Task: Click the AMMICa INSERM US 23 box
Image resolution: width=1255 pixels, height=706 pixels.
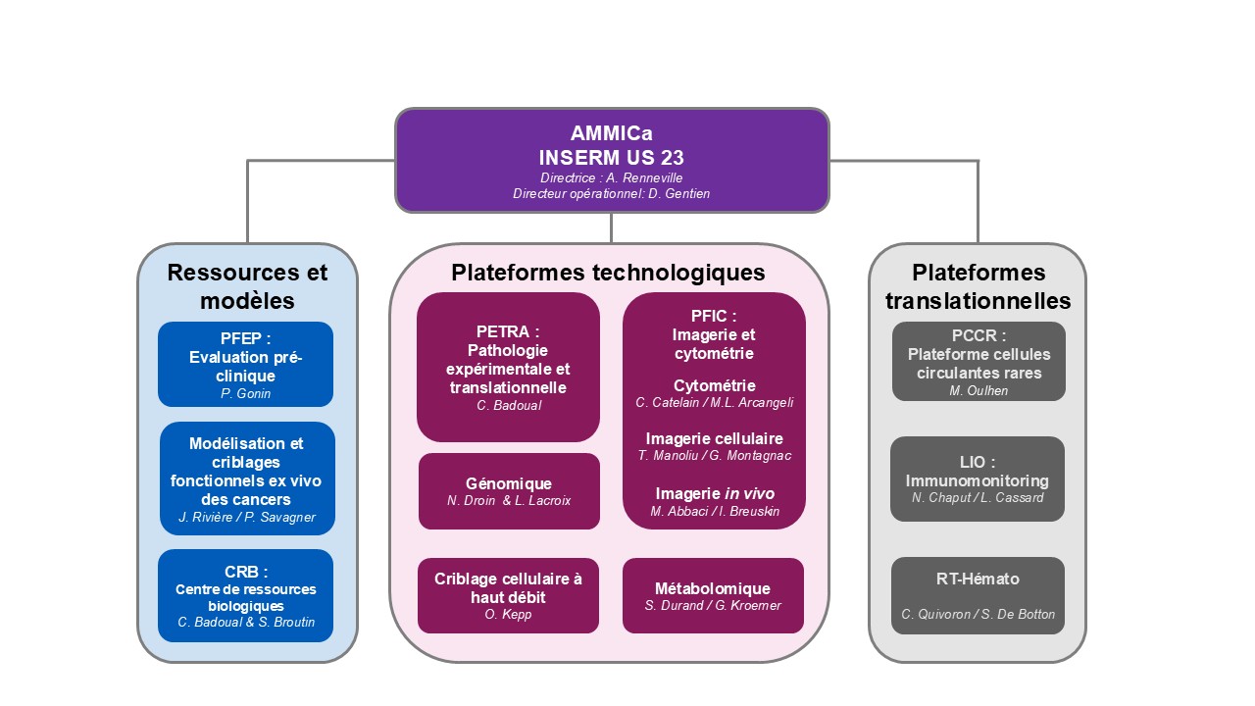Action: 612,160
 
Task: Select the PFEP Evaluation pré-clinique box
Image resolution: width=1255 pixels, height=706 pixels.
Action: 245,364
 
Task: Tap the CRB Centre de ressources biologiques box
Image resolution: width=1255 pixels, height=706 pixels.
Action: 246,596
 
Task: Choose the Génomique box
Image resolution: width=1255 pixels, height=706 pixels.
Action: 509,491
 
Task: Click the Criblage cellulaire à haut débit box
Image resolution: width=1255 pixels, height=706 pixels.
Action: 508,595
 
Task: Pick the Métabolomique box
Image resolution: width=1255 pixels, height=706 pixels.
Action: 713,595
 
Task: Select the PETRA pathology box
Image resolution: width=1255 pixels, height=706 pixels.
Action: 508,367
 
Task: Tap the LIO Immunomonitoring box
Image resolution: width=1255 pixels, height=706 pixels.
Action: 977,479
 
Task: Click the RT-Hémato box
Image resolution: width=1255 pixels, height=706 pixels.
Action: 978,595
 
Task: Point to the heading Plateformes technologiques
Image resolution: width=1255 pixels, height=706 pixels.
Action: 608,273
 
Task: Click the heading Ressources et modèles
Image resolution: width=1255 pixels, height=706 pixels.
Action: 247,285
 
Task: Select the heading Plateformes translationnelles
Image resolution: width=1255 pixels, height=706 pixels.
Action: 978,285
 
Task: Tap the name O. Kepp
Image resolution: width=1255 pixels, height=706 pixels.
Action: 508,615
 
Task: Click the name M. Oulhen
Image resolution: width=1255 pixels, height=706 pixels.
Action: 979,390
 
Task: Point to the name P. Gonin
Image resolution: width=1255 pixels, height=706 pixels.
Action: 245,393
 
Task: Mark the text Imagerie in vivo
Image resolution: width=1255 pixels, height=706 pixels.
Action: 715,493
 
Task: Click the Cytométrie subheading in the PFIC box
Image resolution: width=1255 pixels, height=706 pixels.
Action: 715,385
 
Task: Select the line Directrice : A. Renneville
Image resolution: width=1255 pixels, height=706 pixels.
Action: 611,177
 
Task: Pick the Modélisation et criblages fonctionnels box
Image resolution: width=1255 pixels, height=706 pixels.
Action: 247,479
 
